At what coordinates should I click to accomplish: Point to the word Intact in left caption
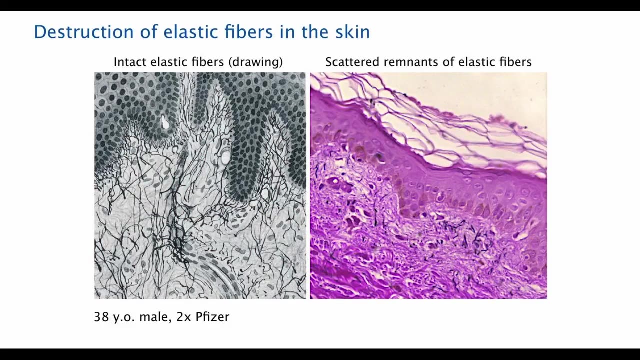coord(130,62)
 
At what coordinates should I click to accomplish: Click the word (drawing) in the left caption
coord(255,62)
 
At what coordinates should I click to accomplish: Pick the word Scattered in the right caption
coord(352,62)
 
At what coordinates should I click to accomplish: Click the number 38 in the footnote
coord(101,317)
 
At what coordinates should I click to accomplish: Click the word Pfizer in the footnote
coord(212,317)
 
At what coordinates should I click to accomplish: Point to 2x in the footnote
coord(183,317)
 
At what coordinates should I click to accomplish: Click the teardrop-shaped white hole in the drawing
coord(165,122)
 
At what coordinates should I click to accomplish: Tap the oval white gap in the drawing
coord(225,157)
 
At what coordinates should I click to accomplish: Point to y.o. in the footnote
coord(124,317)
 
